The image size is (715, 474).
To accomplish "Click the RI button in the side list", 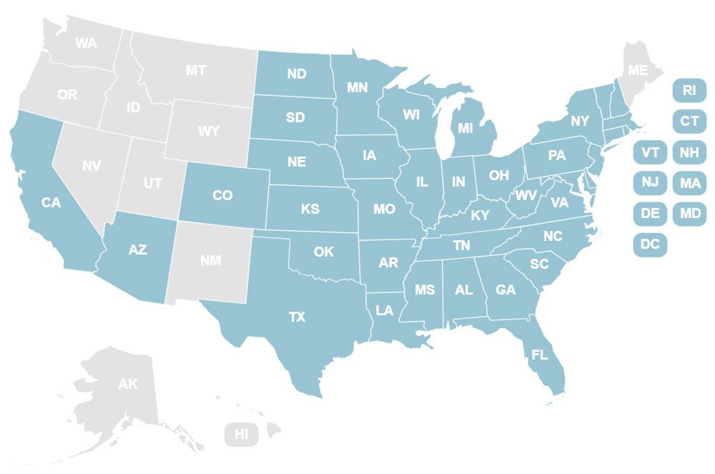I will (689, 90).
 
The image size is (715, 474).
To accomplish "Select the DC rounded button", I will (650, 244).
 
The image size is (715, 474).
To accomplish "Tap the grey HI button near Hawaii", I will (242, 434).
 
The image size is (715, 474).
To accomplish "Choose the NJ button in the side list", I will (650, 182).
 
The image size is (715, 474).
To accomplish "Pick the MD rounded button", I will (689, 213).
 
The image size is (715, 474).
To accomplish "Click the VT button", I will (650, 152).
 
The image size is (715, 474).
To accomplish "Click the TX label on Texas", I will (297, 317).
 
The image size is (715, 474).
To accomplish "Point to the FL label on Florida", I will (540, 355).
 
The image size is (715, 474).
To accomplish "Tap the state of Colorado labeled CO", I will (222, 195).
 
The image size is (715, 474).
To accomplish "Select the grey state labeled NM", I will (210, 260).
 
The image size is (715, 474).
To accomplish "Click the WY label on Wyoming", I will (209, 132).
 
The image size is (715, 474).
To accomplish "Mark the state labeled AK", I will (128, 385).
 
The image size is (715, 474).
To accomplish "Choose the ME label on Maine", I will (636, 70).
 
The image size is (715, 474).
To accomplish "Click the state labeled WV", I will (526, 196).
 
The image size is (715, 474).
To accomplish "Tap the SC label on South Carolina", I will (539, 264).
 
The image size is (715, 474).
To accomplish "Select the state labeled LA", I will (385, 310).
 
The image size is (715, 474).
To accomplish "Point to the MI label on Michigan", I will (465, 129).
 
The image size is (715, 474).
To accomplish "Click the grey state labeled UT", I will (152, 183).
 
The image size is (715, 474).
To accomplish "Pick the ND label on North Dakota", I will (297, 74).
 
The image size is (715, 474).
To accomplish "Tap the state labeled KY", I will (480, 214).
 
